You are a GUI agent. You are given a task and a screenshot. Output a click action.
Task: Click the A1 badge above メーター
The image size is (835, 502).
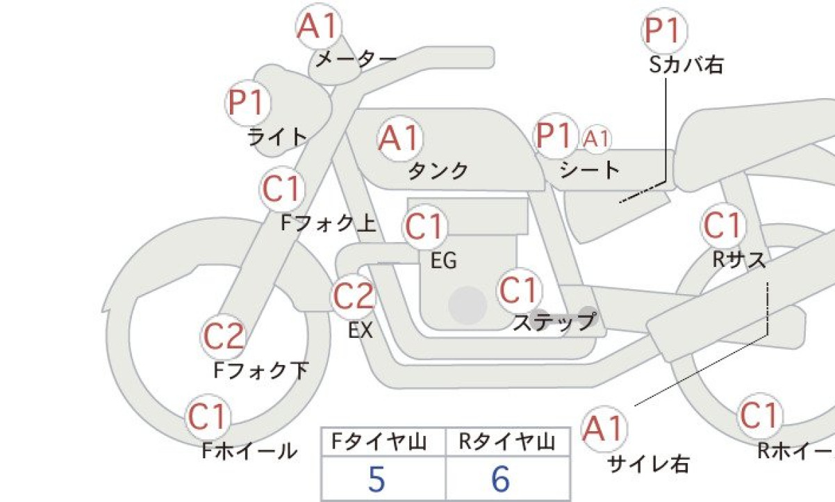point(319,26)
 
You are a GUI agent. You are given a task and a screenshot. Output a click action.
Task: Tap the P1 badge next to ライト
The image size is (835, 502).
point(248,103)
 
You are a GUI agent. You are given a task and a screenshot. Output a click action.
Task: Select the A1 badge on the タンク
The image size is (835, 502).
point(399,138)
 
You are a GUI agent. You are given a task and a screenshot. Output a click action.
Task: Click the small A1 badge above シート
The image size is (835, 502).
point(597,139)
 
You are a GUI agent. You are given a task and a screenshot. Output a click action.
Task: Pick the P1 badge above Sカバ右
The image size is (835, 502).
point(665,31)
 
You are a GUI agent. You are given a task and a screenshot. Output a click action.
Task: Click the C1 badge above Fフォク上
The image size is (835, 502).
point(282,189)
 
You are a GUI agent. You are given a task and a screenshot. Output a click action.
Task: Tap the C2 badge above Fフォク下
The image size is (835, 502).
point(223,337)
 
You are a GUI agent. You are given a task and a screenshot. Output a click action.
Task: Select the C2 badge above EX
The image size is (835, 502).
point(353,297)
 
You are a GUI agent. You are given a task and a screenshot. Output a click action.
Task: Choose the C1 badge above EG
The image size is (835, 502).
point(425,227)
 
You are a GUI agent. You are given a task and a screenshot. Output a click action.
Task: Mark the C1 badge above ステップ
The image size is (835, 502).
point(520,291)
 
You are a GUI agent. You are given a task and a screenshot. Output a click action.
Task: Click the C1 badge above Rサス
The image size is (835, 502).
point(723,226)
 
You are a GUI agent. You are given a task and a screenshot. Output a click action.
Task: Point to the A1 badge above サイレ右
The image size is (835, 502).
point(604,429)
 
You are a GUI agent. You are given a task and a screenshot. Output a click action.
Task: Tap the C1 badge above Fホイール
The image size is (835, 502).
point(208,417)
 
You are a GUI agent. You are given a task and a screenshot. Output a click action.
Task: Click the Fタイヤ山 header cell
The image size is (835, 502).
point(383,442)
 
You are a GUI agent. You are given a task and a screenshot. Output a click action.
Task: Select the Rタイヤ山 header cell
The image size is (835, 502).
point(508,442)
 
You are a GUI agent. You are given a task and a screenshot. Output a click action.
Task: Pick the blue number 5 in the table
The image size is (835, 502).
point(377,479)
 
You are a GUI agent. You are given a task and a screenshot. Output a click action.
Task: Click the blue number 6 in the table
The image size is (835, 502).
point(501,479)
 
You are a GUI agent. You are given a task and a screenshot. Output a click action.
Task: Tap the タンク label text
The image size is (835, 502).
point(438,171)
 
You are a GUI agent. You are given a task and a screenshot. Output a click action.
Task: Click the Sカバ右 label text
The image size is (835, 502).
point(686,65)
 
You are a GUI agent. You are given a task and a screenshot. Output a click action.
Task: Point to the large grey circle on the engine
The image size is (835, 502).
point(468,305)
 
